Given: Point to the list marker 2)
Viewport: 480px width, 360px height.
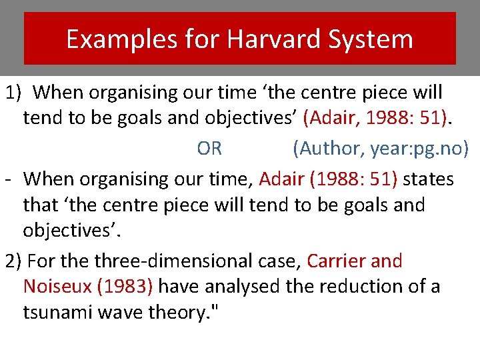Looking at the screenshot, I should (13, 260).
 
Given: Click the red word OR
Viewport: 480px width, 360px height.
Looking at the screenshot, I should (209, 148).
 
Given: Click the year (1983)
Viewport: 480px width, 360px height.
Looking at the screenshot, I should (126, 287).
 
